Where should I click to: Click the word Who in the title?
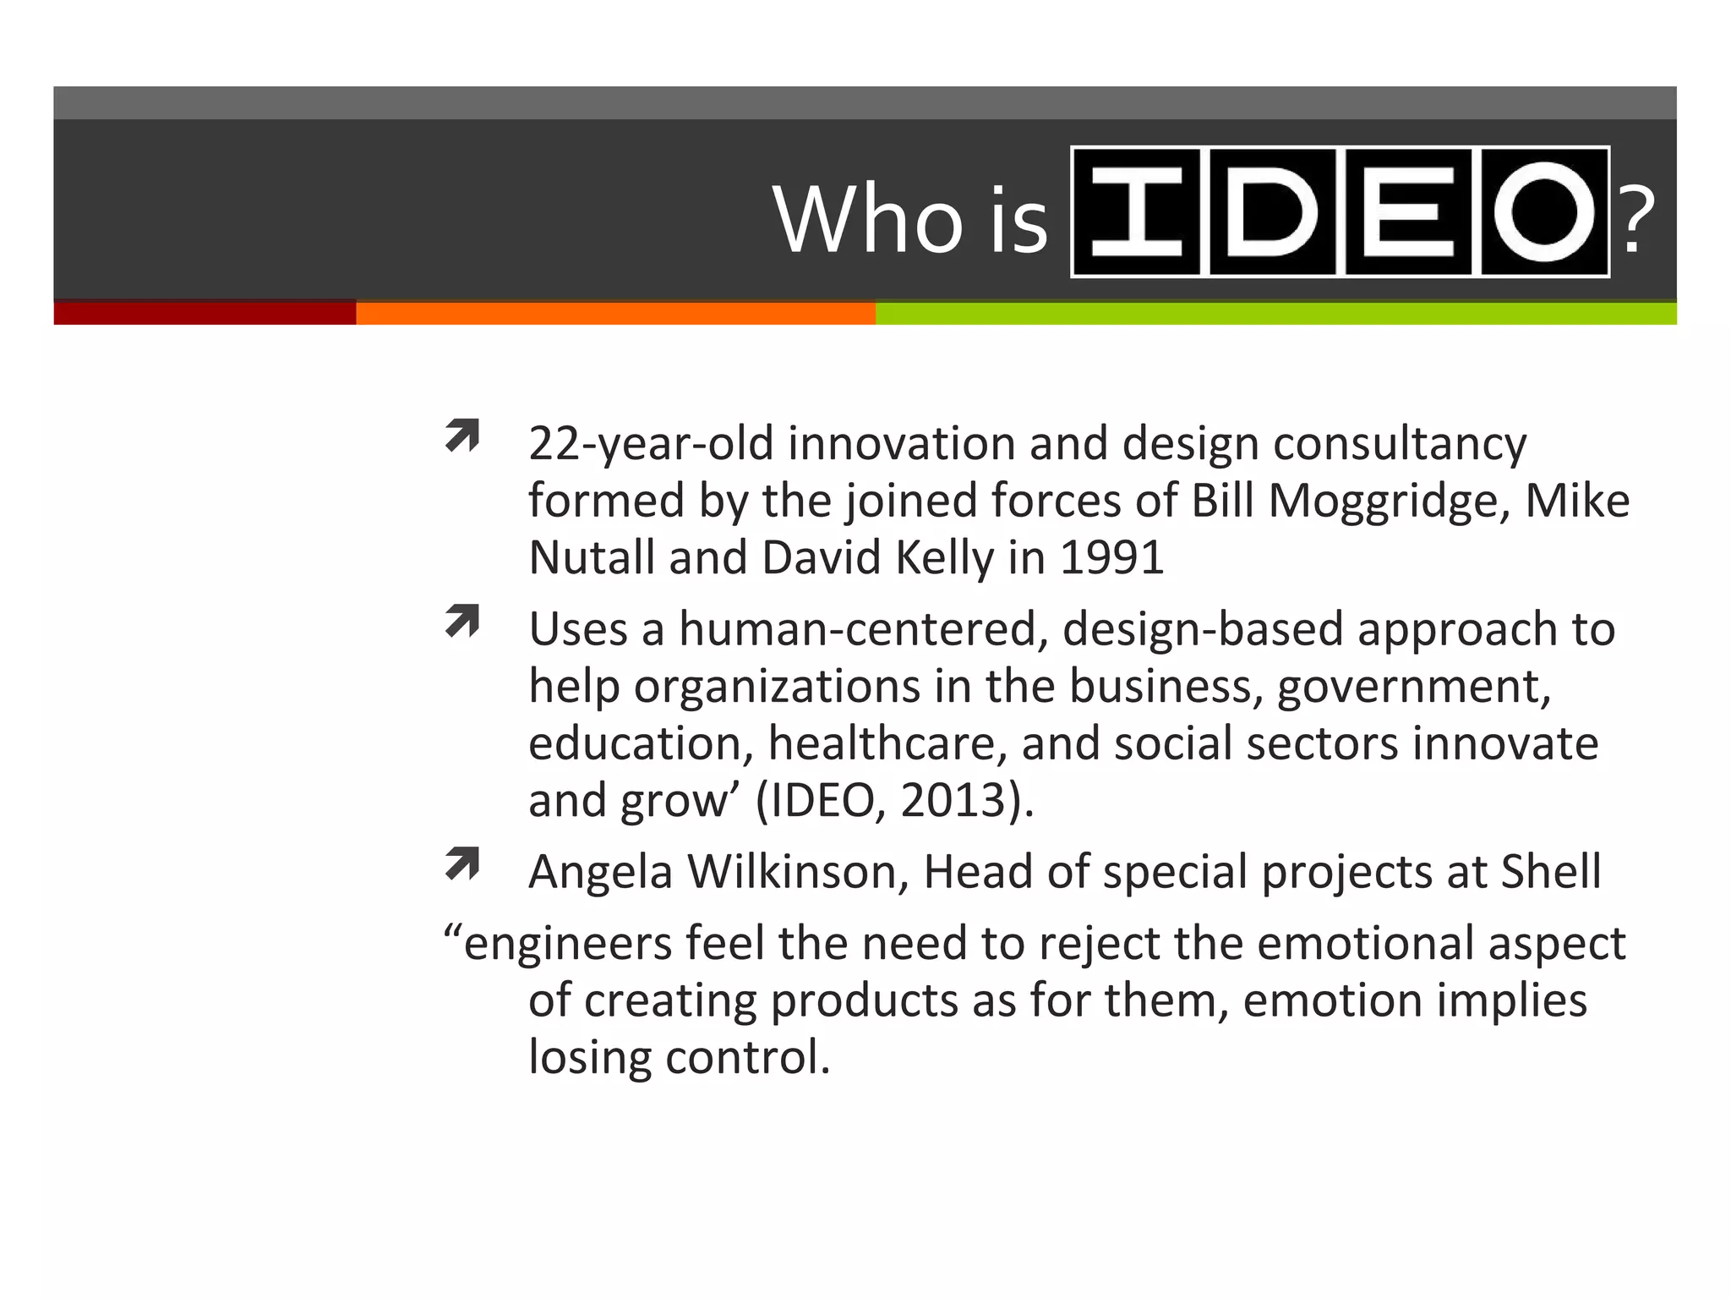868,219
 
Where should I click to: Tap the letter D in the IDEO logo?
1273,211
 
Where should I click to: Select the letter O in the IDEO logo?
1544,211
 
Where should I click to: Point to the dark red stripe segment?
205,313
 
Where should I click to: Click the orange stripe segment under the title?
615,313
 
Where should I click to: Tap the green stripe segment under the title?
1275,313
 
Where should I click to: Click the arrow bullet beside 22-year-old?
462,436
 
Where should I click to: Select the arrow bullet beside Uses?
462,622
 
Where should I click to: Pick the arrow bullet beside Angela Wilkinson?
462,863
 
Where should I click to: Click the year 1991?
1111,558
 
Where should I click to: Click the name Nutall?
592,558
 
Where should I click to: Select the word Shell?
1550,872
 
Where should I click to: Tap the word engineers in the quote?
567,944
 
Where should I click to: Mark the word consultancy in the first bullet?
1400,444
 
